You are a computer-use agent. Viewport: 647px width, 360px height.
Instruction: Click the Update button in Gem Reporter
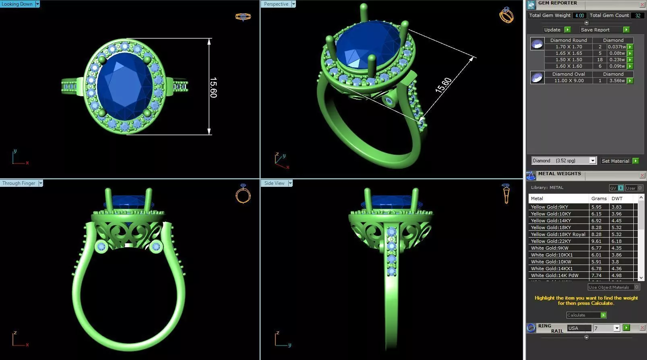[552, 30]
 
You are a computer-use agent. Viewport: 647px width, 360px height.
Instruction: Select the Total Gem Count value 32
[638, 15]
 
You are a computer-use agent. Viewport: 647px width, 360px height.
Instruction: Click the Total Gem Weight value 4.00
[579, 15]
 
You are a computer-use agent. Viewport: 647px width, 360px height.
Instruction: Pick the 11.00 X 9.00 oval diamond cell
[568, 81]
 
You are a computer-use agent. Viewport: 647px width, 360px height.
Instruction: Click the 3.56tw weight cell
[616, 81]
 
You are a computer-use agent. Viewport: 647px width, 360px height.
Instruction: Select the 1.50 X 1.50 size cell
[568, 60]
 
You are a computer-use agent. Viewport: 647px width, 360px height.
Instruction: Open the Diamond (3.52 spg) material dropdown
[593, 161]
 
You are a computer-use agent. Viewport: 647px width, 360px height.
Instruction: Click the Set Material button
[615, 161]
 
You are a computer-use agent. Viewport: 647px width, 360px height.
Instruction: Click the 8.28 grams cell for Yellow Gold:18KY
[596, 228]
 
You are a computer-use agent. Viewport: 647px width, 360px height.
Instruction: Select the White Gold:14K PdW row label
[554, 275]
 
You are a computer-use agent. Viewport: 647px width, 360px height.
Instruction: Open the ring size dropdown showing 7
[616, 328]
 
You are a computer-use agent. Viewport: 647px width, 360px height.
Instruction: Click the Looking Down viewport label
[17, 4]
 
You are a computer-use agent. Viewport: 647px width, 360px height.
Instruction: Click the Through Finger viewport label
[19, 183]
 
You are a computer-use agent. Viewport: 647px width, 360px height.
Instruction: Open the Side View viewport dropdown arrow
[290, 183]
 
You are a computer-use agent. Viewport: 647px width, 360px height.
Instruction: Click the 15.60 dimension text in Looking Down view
[213, 87]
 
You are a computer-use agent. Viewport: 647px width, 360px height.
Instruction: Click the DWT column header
[617, 199]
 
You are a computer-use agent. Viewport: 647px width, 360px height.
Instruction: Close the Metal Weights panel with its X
[642, 176]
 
